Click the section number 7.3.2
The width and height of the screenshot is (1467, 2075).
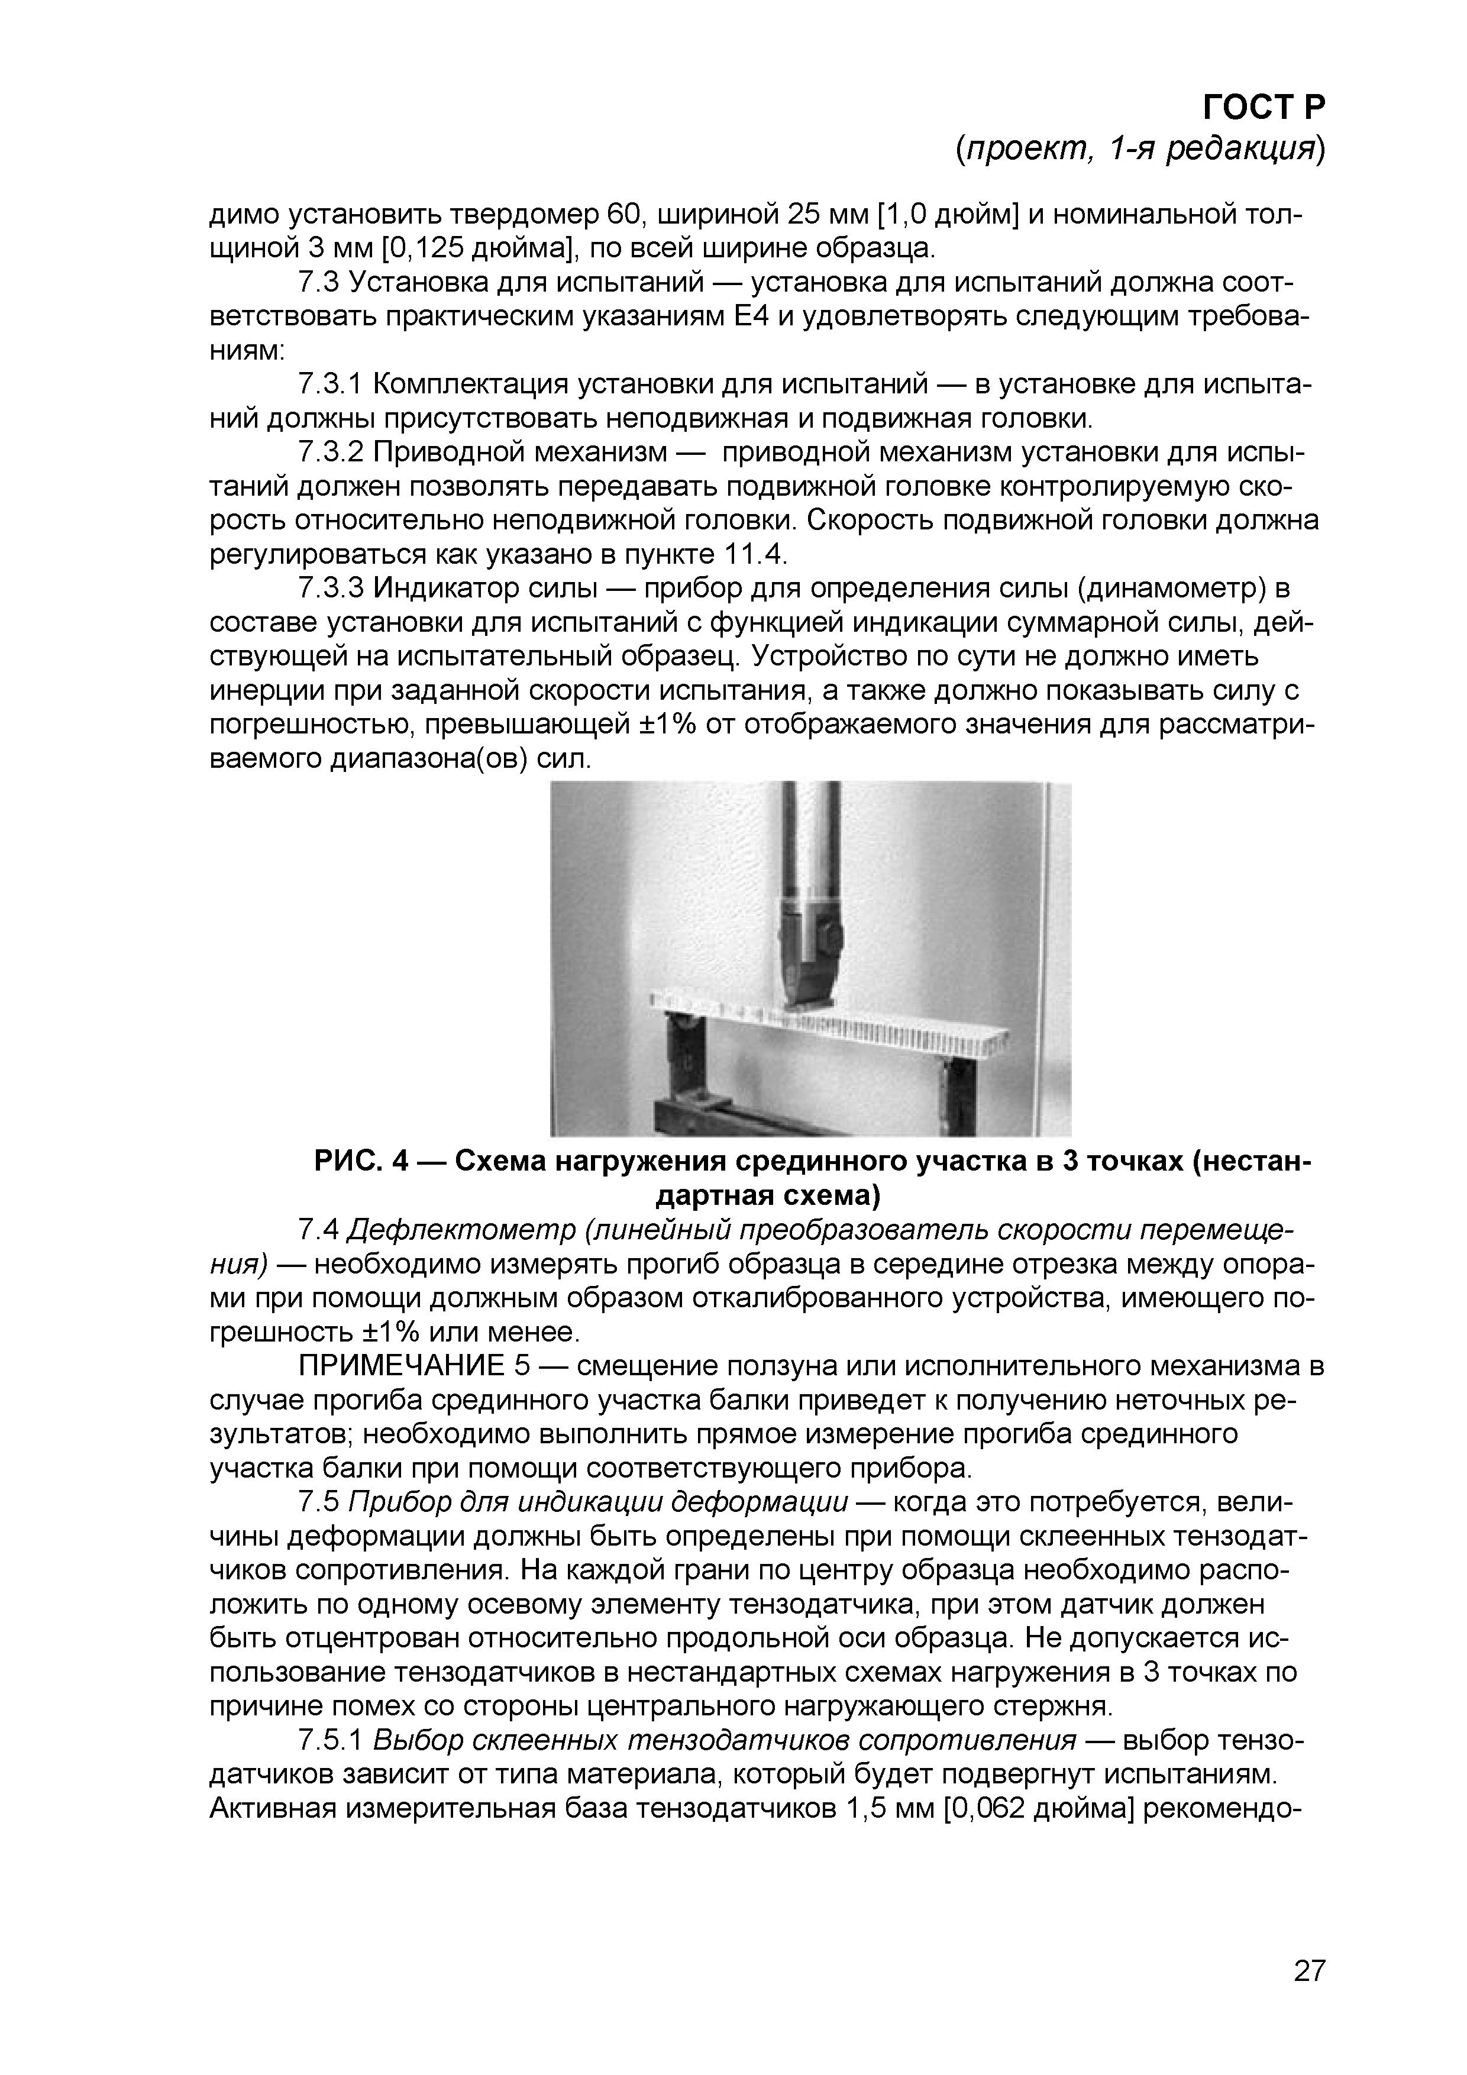[330, 452]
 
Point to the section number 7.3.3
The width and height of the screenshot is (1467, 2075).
[330, 589]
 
